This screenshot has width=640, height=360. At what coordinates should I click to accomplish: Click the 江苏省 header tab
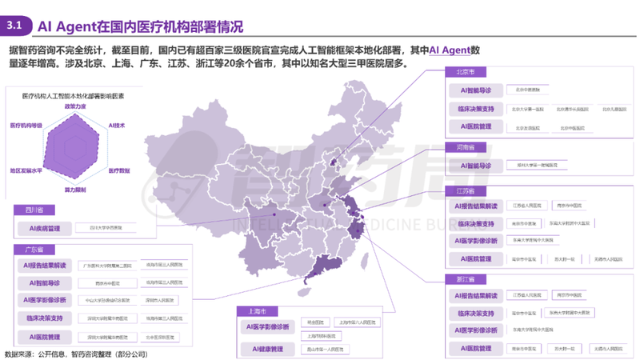tap(462, 191)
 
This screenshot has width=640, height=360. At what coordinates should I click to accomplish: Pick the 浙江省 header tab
tap(462, 279)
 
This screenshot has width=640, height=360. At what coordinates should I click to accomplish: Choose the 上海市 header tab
tap(257, 310)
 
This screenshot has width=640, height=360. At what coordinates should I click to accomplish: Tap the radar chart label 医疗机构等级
tap(26, 126)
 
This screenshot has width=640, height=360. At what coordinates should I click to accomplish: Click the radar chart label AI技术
tap(117, 126)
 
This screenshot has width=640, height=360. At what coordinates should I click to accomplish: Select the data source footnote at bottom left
tap(76, 354)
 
